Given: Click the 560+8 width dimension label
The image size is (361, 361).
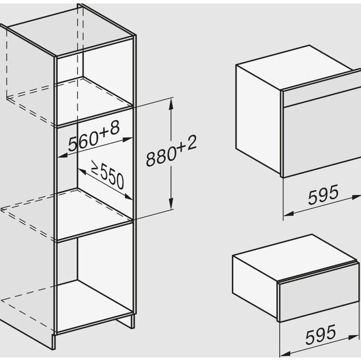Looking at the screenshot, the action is [94, 136].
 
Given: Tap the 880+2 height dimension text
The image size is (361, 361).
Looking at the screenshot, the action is [172, 151].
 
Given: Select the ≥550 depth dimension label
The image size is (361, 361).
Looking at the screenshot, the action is [108, 174].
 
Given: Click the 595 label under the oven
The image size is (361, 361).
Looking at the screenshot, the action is [323, 195].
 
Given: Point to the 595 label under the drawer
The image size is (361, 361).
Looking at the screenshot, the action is [321, 334].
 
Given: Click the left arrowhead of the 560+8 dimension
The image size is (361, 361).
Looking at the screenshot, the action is [62, 155].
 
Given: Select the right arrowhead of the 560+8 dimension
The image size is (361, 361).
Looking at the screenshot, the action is [128, 139].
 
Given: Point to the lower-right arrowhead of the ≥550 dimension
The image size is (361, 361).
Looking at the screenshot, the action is [128, 197].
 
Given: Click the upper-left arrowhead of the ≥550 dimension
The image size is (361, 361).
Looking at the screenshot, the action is [82, 172].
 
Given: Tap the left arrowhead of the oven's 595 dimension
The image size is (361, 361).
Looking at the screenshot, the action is [288, 214].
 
